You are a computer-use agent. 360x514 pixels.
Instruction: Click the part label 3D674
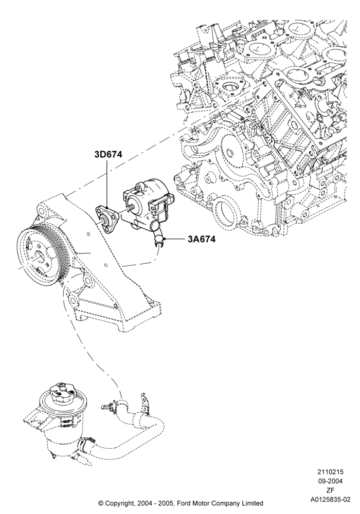tap(108, 154)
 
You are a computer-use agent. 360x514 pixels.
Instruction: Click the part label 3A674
tap(202, 239)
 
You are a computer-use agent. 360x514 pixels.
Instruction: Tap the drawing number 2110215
tap(330, 472)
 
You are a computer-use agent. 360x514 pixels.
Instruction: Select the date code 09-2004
tap(330, 482)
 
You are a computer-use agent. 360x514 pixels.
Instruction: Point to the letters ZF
tap(330, 491)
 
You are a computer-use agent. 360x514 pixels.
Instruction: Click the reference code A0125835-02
tap(330, 500)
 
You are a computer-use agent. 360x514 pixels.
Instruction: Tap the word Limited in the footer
tap(252, 503)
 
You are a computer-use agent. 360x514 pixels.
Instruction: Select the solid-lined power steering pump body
tap(148, 205)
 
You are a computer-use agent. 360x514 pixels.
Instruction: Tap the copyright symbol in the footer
tap(101, 503)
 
